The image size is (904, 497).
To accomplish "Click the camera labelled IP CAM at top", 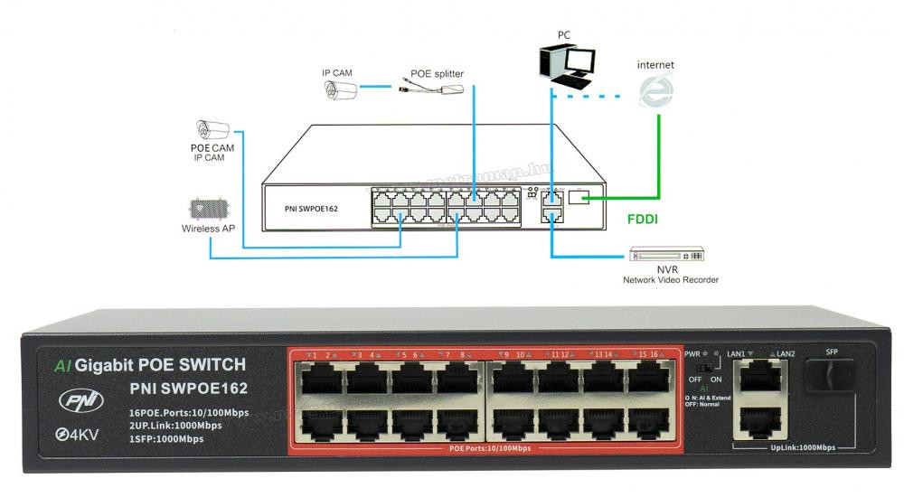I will point(341,89).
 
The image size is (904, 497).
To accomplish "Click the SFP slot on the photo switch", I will point(831,373).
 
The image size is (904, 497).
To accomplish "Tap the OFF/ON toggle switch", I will point(704,370).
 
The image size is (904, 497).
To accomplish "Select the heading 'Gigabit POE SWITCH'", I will point(160,365).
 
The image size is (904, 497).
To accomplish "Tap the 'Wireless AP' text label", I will point(207,230).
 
